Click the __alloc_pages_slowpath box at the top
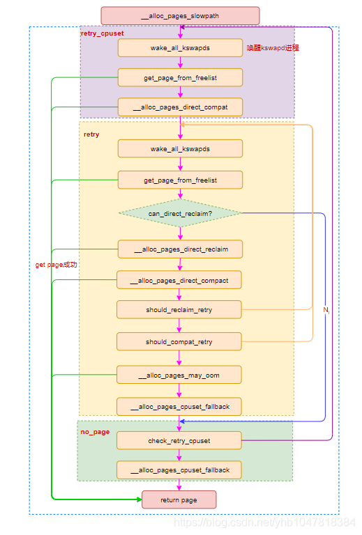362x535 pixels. click(x=180, y=15)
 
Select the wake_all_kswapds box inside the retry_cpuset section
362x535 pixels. click(x=180, y=48)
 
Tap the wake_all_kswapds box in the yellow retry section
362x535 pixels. click(x=180, y=148)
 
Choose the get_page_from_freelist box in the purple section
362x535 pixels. click(x=180, y=77)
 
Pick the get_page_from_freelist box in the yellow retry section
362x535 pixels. click(x=180, y=180)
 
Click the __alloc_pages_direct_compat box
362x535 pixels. click(x=180, y=107)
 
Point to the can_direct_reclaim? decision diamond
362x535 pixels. click(x=180, y=213)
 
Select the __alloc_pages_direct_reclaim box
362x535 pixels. click(x=180, y=249)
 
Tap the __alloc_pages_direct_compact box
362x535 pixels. click(x=180, y=280)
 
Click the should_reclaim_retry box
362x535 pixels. click(x=180, y=309)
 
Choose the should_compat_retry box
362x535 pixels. click(x=180, y=341)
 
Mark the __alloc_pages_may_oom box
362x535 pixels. click(x=180, y=375)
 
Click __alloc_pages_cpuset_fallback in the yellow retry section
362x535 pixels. click(x=180, y=406)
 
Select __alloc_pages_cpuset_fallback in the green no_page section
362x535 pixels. click(x=180, y=470)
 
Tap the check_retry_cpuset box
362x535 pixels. click(x=180, y=440)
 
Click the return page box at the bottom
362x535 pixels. click(x=179, y=499)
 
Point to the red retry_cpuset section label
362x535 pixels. click(x=102, y=33)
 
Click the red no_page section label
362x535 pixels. click(x=95, y=432)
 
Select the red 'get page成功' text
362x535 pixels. click(x=56, y=265)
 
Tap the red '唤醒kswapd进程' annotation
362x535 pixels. click(x=273, y=48)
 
